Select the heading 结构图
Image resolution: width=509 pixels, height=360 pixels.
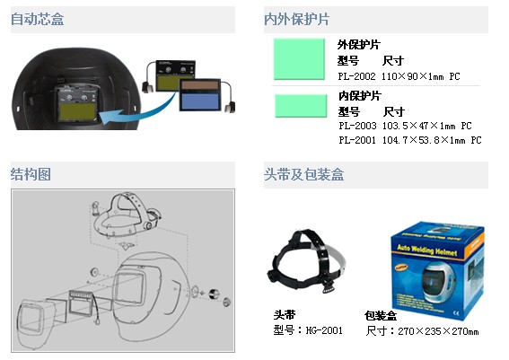(31, 172)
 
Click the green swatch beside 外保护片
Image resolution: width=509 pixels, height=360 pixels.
(299, 59)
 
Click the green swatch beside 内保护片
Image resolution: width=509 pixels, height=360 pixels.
(299, 107)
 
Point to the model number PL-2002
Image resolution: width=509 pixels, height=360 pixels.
(356, 78)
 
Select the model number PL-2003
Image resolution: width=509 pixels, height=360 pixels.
(356, 127)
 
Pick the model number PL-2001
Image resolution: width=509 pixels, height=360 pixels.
(356, 140)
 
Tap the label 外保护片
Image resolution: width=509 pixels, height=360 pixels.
(358, 45)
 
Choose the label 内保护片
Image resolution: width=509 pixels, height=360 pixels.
(358, 96)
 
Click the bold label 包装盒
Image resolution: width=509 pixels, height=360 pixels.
(381, 316)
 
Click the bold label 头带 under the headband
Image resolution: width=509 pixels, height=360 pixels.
(284, 316)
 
